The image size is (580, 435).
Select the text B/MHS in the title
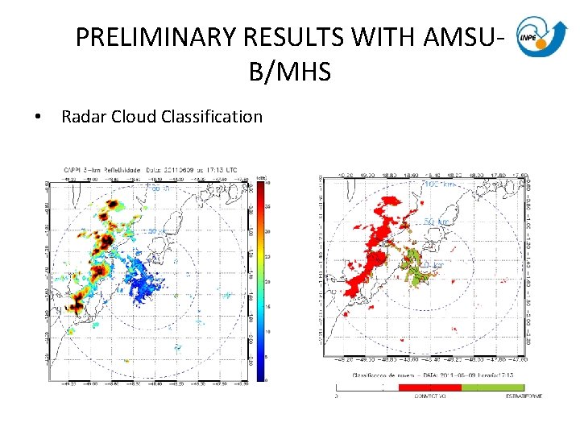[290, 72]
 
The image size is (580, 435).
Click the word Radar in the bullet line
[81, 117]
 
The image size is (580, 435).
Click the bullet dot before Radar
[38, 118]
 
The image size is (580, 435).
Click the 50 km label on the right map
[436, 222]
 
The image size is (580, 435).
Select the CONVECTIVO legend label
[430, 396]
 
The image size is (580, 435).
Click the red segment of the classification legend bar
[430, 387]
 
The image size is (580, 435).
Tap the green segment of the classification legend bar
[494, 387]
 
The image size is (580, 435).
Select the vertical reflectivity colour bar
[261, 277]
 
